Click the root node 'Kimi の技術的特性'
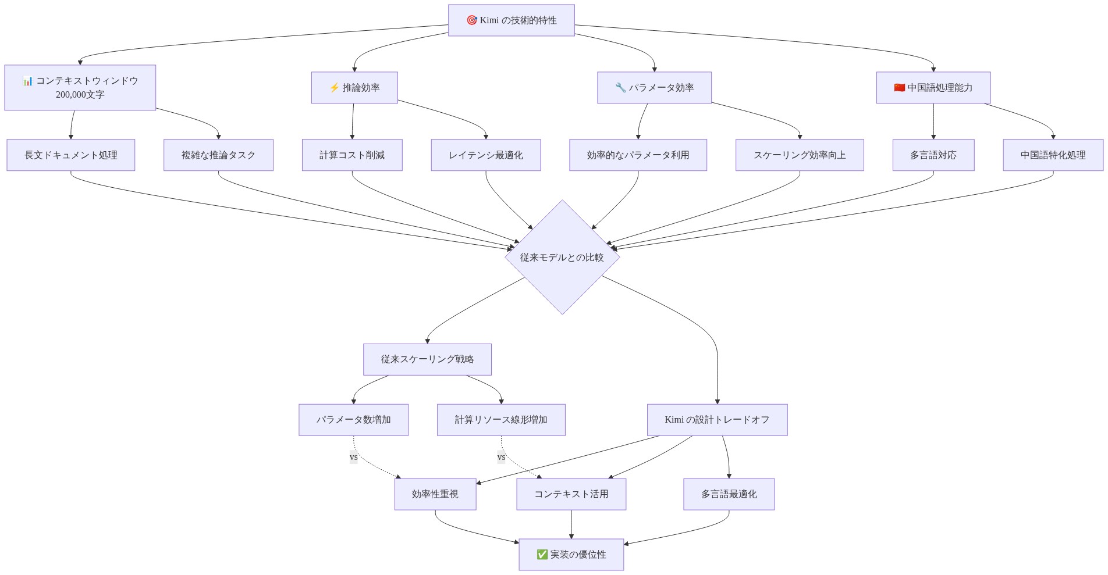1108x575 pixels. (511, 20)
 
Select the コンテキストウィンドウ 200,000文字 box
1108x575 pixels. (80, 88)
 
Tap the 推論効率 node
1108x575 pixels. (354, 88)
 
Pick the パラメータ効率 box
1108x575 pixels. (654, 88)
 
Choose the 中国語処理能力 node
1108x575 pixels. (933, 88)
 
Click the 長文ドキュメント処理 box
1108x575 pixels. (71, 155)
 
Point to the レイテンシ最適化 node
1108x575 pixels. (486, 155)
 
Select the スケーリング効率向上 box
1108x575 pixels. (800, 155)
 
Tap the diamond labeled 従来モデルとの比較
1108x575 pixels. (562, 258)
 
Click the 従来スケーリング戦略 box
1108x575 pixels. (427, 359)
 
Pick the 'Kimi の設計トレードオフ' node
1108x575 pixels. (717, 420)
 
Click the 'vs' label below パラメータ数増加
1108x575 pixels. (354, 457)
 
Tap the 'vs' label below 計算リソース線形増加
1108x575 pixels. (502, 457)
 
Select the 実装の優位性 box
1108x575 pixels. (571, 555)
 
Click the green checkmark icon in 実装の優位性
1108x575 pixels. (542, 555)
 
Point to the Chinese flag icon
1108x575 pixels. (900, 88)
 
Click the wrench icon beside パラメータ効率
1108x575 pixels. (620, 88)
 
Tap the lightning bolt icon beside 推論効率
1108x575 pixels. (334, 88)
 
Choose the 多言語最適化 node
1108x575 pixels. (729, 494)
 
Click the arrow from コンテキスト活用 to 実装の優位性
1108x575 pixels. (571, 524)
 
